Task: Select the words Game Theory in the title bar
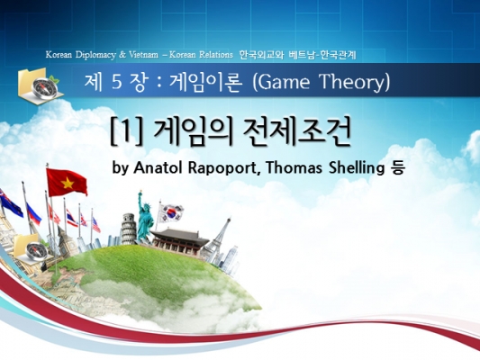coord(322,82)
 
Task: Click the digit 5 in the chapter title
coord(117,82)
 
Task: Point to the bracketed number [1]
coord(126,131)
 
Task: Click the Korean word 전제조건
coord(296,131)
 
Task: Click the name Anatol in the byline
coord(158,167)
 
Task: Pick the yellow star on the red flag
coord(68,184)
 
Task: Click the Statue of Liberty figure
coord(144,217)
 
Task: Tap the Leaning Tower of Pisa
coord(128,229)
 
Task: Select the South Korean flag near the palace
coord(172,213)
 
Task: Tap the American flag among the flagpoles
coord(96,225)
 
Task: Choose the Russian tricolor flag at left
coord(33,214)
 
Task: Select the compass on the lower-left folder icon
coord(36,251)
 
